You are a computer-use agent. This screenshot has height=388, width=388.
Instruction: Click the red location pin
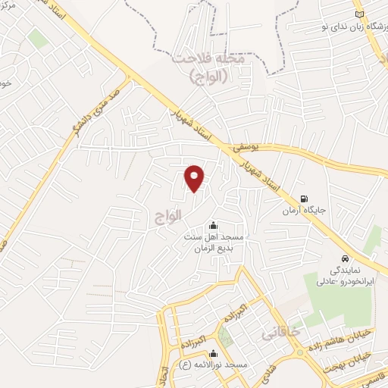tap(196, 178)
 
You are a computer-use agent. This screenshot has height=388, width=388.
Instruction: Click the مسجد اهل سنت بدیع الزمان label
tap(212, 242)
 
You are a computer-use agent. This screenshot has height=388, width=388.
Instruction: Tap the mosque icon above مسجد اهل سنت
tap(212, 224)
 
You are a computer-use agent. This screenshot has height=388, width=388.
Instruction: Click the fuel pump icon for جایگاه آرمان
tap(304, 199)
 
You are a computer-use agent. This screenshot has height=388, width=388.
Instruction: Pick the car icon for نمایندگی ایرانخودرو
tap(345, 257)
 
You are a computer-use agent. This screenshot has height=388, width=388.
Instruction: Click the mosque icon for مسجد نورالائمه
tap(213, 352)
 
